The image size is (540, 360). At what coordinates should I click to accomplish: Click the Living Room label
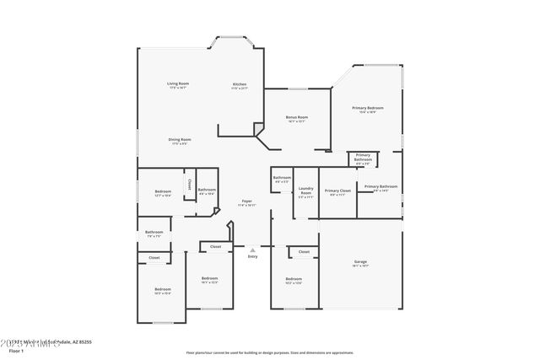point(177,83)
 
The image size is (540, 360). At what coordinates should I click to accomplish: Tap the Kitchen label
point(240,83)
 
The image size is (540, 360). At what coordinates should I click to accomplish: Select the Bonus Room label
point(296,117)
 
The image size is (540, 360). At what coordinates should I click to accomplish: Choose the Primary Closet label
point(337,191)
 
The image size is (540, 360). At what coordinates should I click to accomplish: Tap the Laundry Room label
point(305,191)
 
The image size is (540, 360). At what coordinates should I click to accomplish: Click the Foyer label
point(247,201)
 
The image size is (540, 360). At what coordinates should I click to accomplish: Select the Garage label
point(360,261)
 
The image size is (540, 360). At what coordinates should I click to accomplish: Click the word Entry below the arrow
point(252,256)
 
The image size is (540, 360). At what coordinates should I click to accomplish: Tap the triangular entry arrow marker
point(252,250)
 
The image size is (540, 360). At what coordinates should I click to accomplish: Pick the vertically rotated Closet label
point(189,184)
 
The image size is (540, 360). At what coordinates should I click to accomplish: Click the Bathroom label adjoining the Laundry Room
point(282,178)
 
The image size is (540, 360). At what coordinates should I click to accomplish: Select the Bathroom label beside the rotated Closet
point(207,190)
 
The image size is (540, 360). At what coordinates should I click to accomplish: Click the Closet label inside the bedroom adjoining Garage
point(304,251)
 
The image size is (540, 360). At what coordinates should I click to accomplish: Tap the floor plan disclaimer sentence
point(269,352)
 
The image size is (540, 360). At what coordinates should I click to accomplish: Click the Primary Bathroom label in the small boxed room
point(363,157)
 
